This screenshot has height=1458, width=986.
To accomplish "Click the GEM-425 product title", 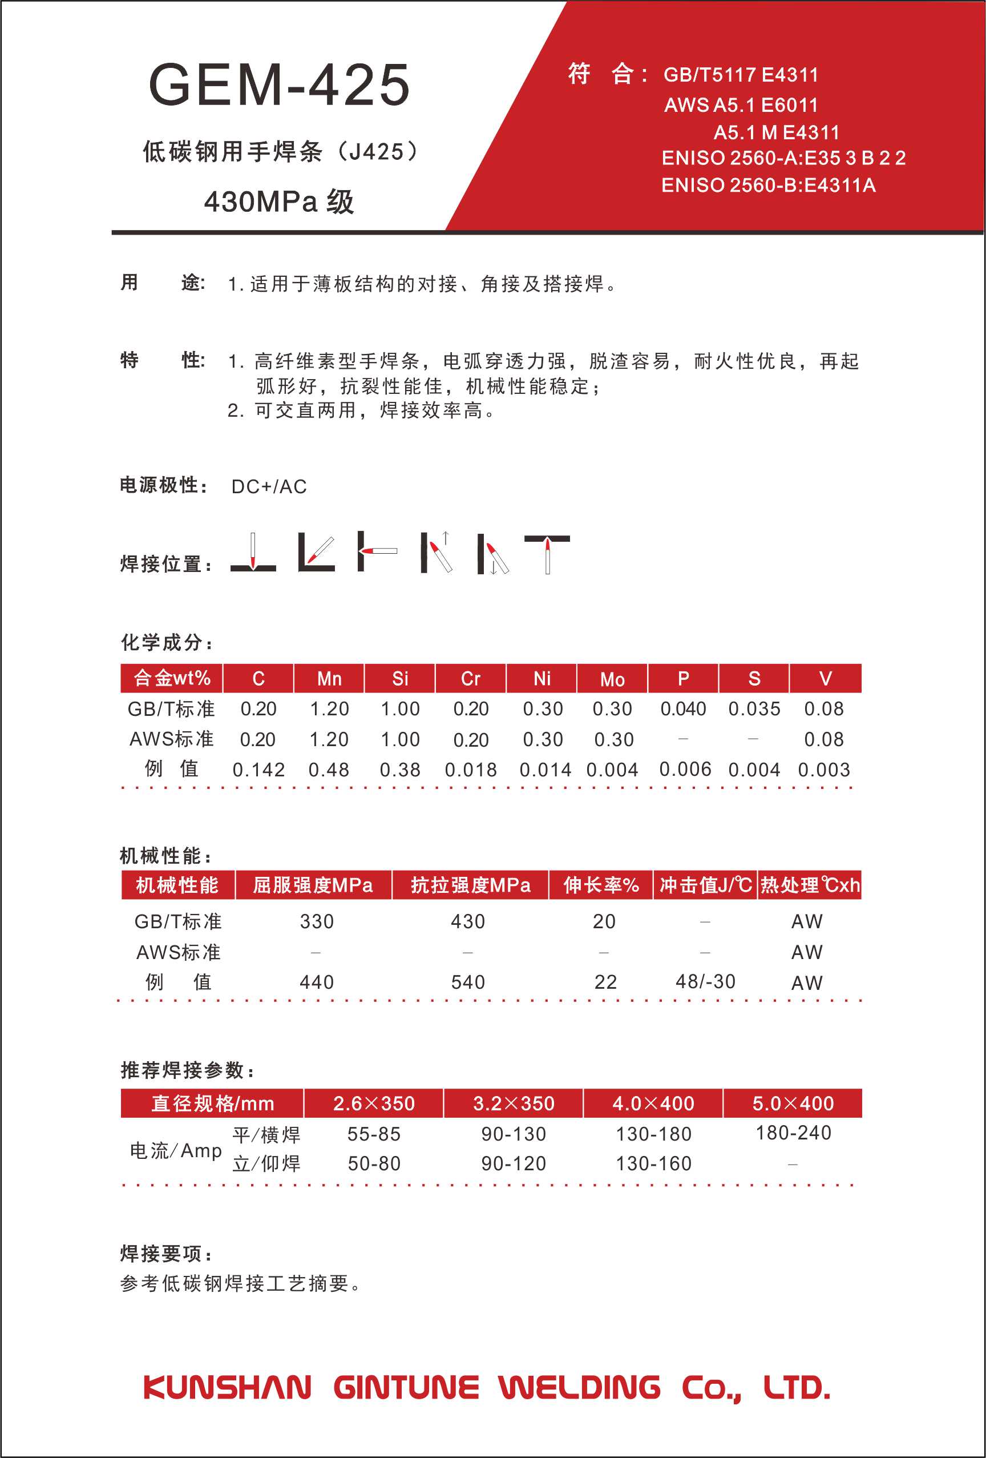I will click(279, 84).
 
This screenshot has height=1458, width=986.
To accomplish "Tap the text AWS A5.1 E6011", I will click(741, 105).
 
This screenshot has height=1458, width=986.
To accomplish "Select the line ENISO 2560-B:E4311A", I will click(769, 185).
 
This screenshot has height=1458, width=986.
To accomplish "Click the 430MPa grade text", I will click(278, 202).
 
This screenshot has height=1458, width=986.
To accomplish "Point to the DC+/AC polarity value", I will click(269, 486).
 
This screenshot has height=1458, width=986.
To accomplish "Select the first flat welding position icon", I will click(253, 552).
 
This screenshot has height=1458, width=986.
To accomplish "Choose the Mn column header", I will click(329, 678).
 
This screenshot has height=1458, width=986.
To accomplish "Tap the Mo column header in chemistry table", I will click(612, 679).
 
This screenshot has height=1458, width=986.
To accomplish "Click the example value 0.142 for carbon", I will click(258, 769).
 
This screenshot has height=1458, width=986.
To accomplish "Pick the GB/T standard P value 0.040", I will click(683, 708).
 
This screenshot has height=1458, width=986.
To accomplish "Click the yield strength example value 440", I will click(317, 982).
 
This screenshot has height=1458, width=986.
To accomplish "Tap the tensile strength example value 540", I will click(468, 982).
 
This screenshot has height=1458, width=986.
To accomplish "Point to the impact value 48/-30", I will click(705, 981).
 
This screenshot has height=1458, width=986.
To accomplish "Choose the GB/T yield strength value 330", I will click(317, 921).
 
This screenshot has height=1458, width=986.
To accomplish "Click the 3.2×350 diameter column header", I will click(514, 1103).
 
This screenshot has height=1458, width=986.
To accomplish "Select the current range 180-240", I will click(794, 1133).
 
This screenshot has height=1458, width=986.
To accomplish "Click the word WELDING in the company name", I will click(580, 1387).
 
